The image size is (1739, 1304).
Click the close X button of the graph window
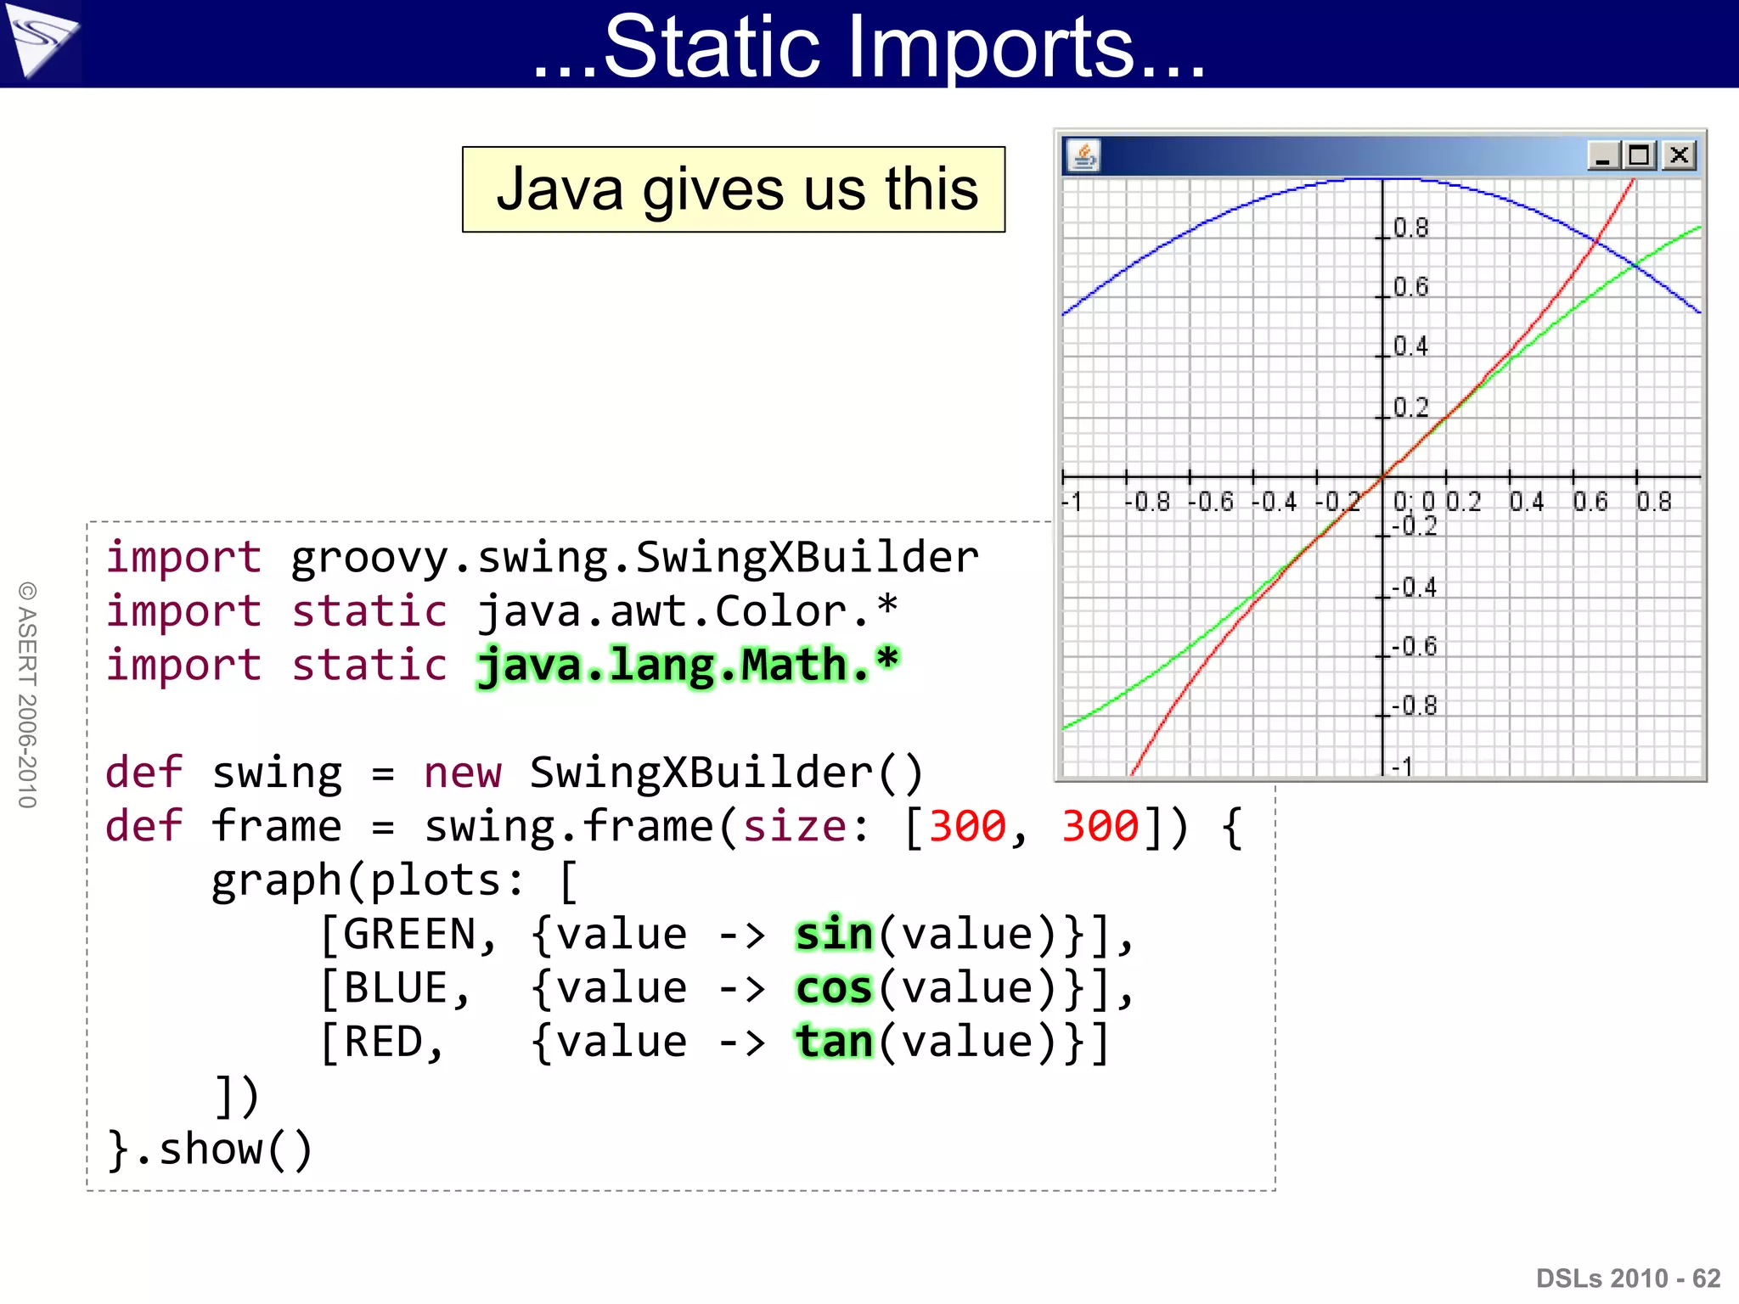tap(1679, 155)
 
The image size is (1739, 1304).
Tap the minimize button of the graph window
tap(1602, 156)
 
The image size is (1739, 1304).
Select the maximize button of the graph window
tap(1640, 155)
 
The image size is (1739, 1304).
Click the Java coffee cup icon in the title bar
tap(1083, 155)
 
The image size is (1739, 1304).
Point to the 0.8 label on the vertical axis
tap(1411, 228)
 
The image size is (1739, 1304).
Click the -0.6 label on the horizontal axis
tap(1211, 502)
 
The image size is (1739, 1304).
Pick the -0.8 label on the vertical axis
tap(1415, 705)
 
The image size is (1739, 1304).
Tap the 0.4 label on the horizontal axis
tap(1527, 502)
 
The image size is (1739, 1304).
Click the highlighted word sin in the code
tap(834, 935)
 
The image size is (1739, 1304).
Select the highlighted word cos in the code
tap(834, 989)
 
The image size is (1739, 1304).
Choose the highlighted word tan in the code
tap(834, 1043)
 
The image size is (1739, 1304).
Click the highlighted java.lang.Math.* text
tap(688, 665)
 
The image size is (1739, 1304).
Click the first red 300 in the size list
tap(967, 826)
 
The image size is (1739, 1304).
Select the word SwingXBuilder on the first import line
tap(807, 558)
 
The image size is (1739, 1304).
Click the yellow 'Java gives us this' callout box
tap(734, 189)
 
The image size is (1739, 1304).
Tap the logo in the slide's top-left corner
tap(40, 40)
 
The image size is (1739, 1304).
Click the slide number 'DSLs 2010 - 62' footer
tap(1628, 1278)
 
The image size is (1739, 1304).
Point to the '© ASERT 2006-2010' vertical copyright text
tap(27, 694)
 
